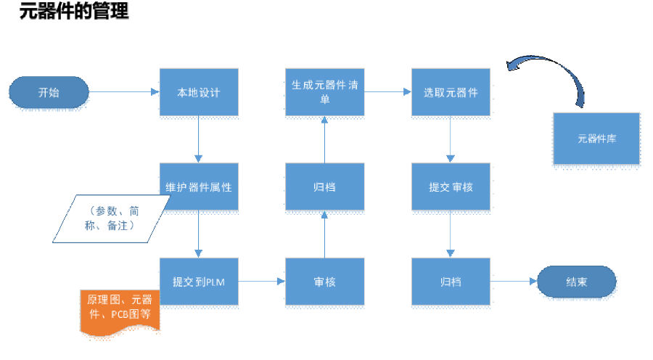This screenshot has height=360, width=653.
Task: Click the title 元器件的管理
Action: tap(73, 12)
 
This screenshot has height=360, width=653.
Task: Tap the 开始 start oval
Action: tap(49, 93)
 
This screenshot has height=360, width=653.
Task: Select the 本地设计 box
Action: tap(198, 93)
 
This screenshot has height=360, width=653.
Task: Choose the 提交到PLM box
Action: tap(198, 281)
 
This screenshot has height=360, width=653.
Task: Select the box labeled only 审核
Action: tap(324, 281)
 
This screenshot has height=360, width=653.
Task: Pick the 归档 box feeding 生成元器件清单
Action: tap(324, 187)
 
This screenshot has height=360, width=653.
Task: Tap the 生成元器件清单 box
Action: tap(324, 91)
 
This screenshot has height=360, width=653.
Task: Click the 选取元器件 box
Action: tap(451, 92)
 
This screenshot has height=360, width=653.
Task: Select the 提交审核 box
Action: tap(451, 187)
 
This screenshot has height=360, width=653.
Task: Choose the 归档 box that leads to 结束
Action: tap(451, 281)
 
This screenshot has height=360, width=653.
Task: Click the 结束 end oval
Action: tap(576, 282)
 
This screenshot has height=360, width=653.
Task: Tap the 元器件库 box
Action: tap(596, 138)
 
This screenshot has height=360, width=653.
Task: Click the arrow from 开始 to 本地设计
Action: tap(123, 92)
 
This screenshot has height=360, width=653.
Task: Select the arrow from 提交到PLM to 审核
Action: tap(261, 281)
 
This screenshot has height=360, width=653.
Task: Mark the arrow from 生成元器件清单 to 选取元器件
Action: tap(387, 92)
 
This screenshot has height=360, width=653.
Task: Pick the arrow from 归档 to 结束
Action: tap(513, 281)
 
